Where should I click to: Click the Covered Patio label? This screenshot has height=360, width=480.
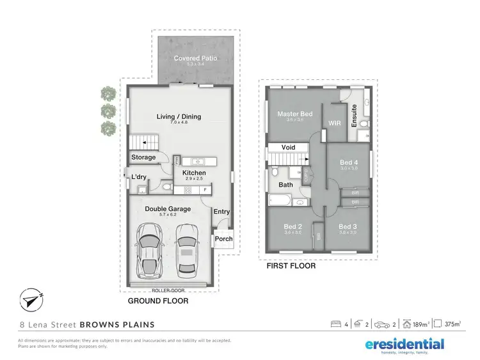[196, 58]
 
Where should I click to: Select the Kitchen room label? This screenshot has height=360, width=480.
[195, 173]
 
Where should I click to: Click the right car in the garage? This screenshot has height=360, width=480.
[187, 250]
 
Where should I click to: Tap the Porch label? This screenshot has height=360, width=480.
[224, 239]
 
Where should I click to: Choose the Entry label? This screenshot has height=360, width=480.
[221, 212]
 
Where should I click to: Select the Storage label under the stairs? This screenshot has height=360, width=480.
[143, 157]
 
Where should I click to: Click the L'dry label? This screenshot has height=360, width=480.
[139, 177]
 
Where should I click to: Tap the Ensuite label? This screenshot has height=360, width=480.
[354, 116]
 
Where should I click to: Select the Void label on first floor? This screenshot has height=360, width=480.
[288, 147]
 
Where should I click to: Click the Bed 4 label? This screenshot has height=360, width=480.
[349, 162]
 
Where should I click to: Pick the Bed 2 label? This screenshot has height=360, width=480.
[292, 227]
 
